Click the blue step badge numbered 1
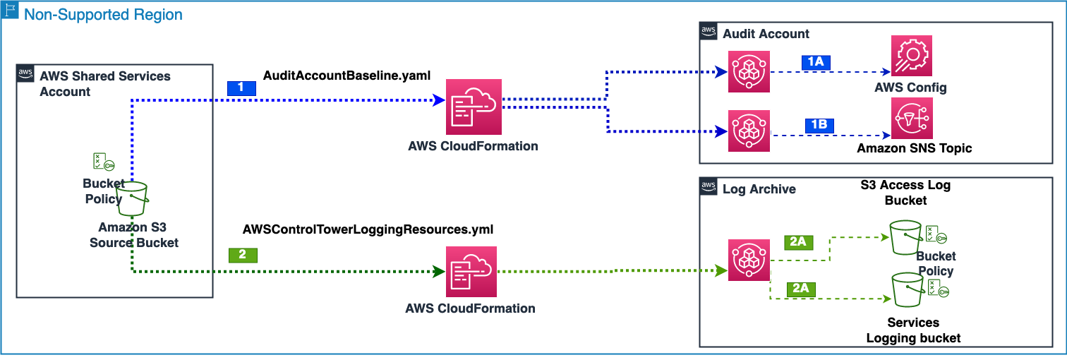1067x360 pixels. point(241,88)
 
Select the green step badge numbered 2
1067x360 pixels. point(243,255)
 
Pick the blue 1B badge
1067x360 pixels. point(819,126)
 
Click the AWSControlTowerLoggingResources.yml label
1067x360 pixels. point(368,229)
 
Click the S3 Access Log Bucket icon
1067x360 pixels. point(907,237)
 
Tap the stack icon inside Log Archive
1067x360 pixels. point(749,260)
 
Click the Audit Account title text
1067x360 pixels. point(766,33)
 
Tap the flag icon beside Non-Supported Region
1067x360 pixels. point(12,13)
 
